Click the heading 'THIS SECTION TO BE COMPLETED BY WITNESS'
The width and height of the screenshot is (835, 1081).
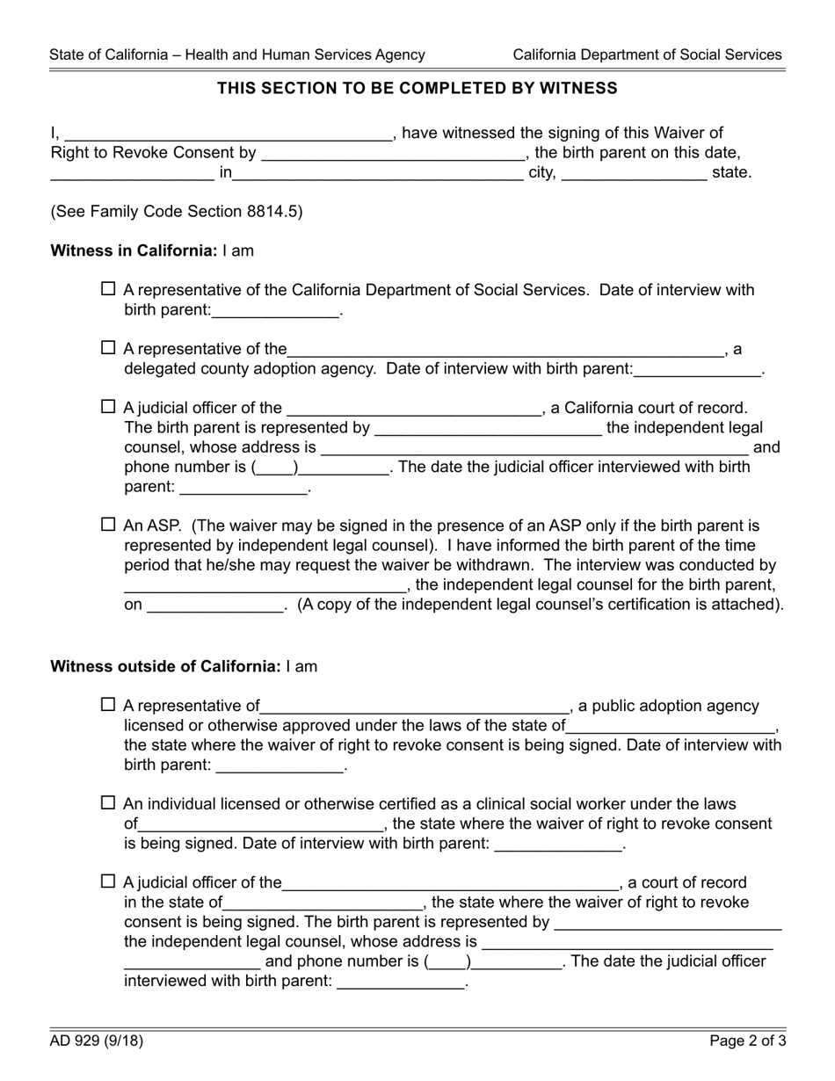[417, 88]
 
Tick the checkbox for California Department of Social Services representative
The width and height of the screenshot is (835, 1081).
[108, 288]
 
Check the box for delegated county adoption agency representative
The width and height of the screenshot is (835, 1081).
[108, 347]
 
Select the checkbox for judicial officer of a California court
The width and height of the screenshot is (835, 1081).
[108, 406]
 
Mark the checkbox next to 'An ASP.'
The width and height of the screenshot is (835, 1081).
[108, 524]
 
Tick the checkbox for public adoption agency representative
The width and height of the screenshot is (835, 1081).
[108, 704]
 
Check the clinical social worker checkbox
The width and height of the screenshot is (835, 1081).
[108, 802]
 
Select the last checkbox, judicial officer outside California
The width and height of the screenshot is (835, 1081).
[108, 881]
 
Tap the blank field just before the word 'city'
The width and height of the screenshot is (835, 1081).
[378, 174]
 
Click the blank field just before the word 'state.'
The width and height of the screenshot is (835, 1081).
[634, 174]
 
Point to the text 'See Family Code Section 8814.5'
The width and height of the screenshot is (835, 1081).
[177, 211]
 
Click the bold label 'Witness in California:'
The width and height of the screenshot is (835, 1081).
[134, 250]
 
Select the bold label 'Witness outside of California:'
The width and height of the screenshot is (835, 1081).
[165, 666]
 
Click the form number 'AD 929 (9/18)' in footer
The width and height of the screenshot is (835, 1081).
[97, 1041]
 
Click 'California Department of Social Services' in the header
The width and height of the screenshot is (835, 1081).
[647, 54]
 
